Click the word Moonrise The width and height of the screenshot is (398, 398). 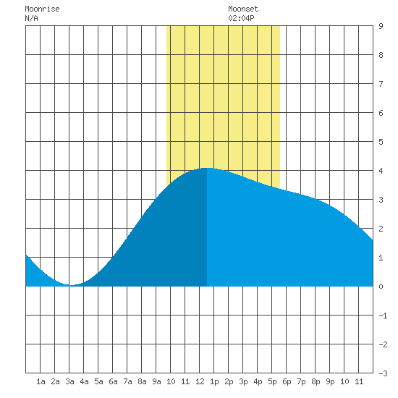[42, 9]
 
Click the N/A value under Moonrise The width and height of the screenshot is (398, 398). [31, 18]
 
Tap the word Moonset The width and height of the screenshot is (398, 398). [243, 9]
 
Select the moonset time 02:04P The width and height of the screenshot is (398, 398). [241, 18]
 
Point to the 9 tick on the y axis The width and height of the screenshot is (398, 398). [381, 26]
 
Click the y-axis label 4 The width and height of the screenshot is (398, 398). [381, 171]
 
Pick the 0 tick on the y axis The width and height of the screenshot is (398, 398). [381, 287]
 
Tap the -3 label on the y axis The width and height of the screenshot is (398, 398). [383, 373]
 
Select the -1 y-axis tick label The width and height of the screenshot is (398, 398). [383, 316]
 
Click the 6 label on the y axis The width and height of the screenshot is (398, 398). [381, 113]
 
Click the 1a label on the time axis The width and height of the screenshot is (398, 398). [41, 381]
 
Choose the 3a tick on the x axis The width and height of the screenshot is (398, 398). [69, 381]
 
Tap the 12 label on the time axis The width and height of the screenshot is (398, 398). [200, 381]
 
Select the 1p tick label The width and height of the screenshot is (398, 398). [214, 381]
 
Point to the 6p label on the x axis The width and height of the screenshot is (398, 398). [287, 381]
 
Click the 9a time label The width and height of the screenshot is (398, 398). [156, 381]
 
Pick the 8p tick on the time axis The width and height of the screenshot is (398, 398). [316, 381]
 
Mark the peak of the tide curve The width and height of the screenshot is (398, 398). [207, 168]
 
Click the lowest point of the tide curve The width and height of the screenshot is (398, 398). [71, 285]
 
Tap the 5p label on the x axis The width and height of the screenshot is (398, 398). [272, 381]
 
